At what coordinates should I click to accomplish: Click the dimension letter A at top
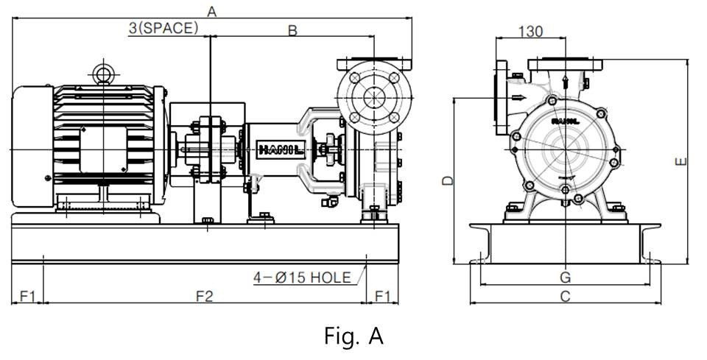(211, 11)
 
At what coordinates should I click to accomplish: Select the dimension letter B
(292, 30)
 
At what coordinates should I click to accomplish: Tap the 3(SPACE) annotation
(163, 28)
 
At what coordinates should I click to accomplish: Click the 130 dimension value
(530, 32)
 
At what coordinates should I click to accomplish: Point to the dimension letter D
(448, 180)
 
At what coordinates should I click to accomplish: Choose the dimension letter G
(566, 277)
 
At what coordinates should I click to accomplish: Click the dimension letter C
(565, 296)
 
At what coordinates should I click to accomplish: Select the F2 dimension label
(204, 296)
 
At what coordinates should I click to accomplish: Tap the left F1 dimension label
(27, 296)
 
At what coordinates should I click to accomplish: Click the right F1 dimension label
(382, 296)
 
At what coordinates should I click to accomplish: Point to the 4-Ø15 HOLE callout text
(302, 277)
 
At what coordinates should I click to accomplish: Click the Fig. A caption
(354, 336)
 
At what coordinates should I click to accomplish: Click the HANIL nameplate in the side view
(281, 149)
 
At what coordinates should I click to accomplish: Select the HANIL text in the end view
(566, 121)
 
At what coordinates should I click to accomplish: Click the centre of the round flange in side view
(374, 97)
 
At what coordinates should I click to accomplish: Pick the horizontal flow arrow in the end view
(518, 98)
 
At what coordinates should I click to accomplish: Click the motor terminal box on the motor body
(103, 149)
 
